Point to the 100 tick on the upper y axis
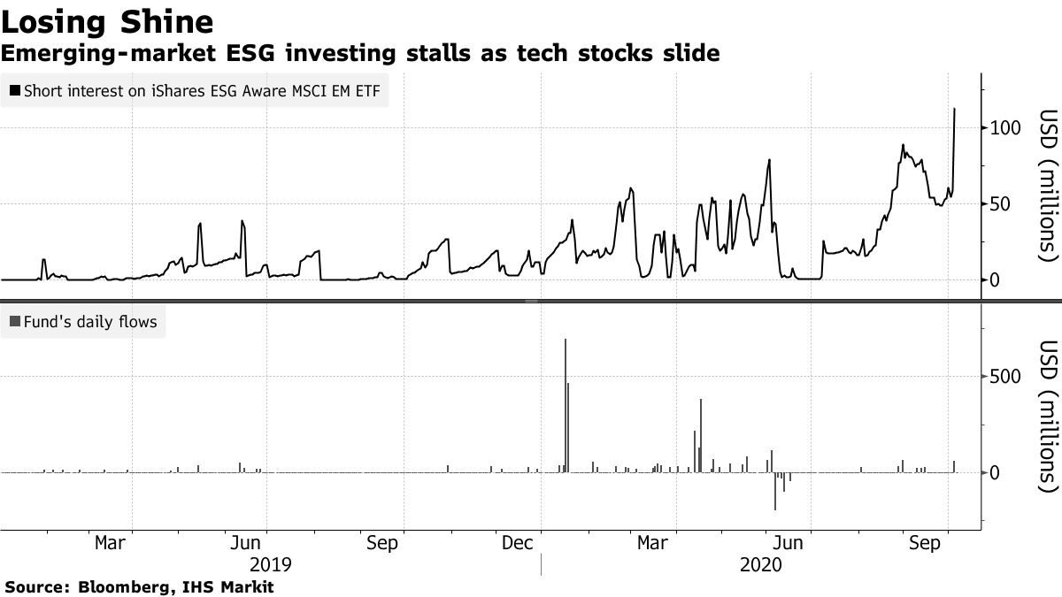pos(1004,128)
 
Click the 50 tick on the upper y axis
pos(1000,204)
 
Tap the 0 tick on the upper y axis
pos(995,280)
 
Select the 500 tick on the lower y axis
pos(1006,377)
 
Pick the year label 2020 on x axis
pos(761,564)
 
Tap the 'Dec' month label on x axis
pos(518,542)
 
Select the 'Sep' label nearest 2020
pos(926,542)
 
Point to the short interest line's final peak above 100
pos(954,110)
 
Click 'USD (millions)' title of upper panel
pos(1048,186)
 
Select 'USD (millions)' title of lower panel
pos(1048,416)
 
